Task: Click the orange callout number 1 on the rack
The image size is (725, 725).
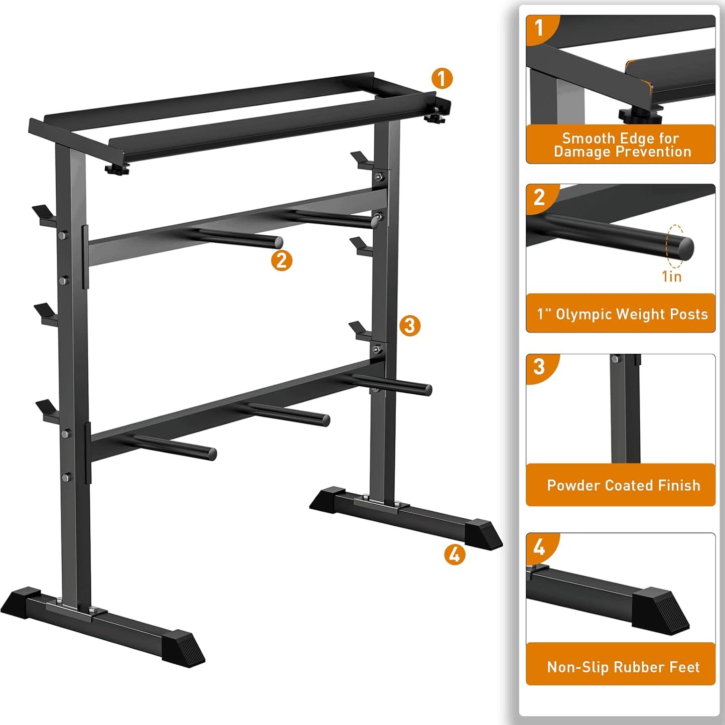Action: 442,79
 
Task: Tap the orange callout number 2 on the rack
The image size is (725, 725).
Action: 281,261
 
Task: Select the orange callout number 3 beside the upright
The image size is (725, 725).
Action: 409,326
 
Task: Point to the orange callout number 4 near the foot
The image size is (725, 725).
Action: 454,554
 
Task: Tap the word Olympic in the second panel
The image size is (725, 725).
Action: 584,315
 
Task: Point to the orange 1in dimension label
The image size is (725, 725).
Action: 672,276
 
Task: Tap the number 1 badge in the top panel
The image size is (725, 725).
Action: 539,28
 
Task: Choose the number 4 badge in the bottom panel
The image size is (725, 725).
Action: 539,546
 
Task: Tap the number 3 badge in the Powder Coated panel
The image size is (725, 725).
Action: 539,367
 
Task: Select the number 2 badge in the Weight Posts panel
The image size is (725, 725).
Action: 539,197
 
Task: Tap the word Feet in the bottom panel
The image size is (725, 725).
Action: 686,667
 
